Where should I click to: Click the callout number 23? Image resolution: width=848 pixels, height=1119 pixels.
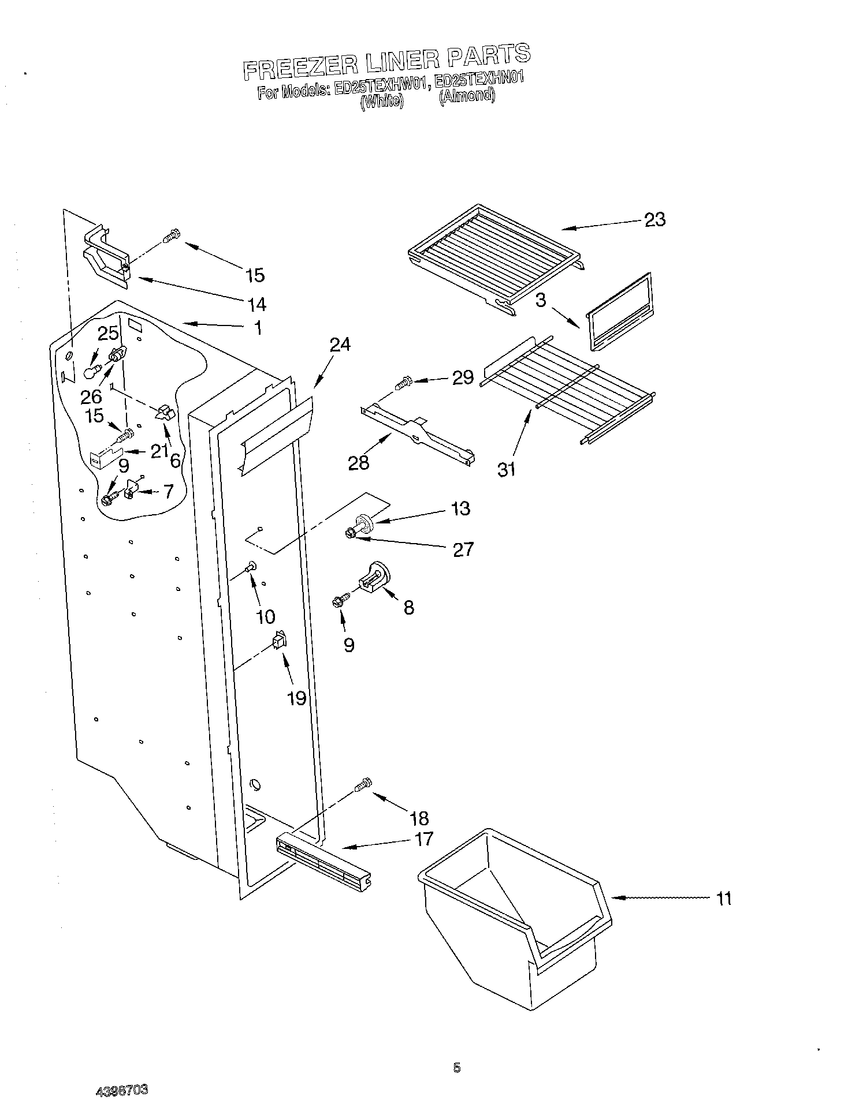[654, 219]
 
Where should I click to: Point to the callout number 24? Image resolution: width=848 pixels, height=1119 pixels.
[340, 345]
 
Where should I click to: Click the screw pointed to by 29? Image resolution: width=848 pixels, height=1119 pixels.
[402, 381]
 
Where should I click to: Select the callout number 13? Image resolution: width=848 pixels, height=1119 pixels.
[460, 508]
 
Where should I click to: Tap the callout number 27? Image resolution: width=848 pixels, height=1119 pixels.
[463, 549]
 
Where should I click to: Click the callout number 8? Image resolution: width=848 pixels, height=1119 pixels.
[408, 607]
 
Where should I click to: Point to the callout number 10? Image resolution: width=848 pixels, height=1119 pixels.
[265, 616]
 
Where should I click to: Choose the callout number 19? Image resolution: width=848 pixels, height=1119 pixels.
[296, 698]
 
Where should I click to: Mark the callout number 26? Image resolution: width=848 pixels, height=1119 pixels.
[91, 396]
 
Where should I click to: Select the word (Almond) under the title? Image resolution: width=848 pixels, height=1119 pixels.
[467, 95]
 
